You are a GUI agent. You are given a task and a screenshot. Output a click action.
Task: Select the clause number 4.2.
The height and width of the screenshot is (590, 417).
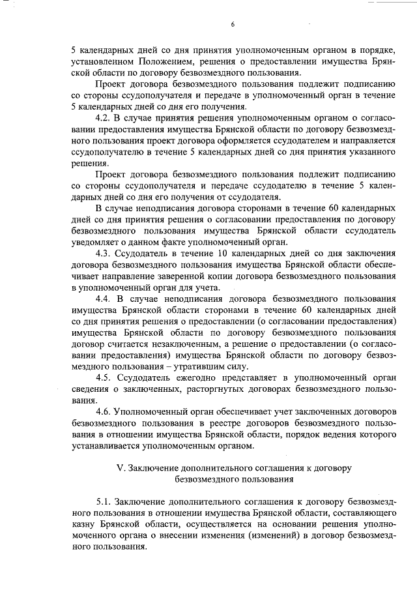click(x=105, y=117)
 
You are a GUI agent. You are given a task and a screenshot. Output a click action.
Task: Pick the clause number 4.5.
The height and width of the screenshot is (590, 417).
click(x=105, y=378)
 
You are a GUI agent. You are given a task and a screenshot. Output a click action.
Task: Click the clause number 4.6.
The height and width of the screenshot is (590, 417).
click(x=105, y=412)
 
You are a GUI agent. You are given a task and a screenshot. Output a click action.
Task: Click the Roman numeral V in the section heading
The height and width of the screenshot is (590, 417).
click(x=119, y=468)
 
